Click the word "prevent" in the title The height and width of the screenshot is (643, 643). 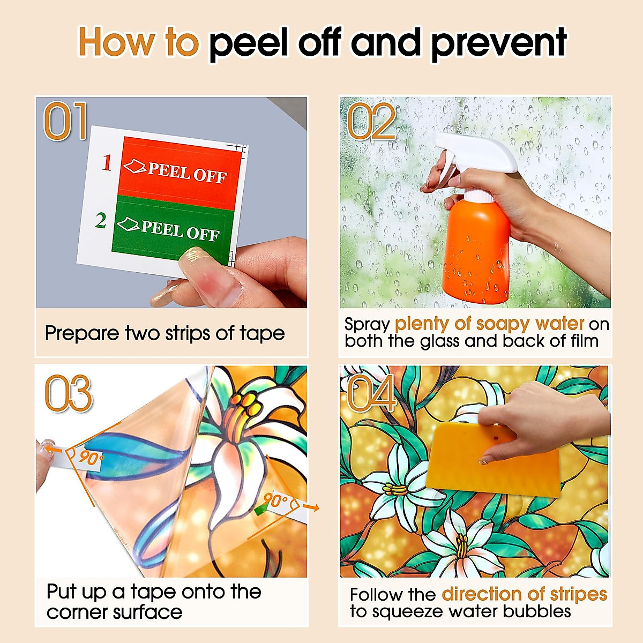[x=499, y=44]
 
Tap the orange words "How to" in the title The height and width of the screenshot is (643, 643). [x=138, y=42]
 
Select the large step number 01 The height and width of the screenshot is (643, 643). [x=65, y=121]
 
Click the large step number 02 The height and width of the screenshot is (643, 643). [x=371, y=121]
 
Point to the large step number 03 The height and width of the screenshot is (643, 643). [x=69, y=393]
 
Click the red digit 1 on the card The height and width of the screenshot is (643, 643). [x=107, y=163]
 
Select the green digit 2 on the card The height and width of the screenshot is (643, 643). [x=100, y=220]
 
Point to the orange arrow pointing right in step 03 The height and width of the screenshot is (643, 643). [x=312, y=507]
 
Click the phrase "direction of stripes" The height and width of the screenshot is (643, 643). [x=524, y=594]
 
